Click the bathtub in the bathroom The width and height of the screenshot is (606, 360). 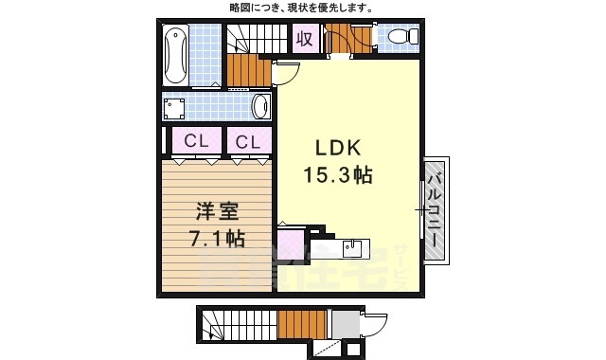175,55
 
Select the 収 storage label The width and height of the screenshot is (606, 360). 305,38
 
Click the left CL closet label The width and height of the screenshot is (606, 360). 196,141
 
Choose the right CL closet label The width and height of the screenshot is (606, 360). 248,142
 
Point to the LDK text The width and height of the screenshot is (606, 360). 339,148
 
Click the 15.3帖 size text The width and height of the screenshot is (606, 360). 338,174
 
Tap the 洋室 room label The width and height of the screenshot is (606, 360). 217,211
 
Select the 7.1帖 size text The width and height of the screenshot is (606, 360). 217,238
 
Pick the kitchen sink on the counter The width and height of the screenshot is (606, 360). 351,247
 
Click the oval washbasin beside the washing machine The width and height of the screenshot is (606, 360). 260,106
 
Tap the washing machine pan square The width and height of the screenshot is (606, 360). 174,109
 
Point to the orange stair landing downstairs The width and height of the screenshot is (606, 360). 302,325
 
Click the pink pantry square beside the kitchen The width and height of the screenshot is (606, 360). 291,245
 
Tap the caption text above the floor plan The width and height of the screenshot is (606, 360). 301,8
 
